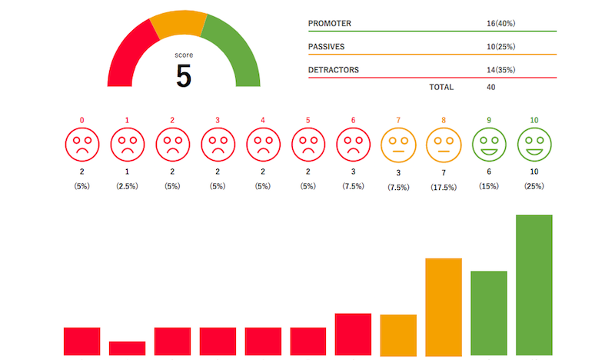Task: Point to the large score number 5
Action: [x=184, y=75]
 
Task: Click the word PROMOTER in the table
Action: [x=330, y=24]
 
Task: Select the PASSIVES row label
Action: [x=327, y=47]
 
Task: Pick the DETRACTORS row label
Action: [x=334, y=71]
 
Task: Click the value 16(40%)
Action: [x=500, y=24]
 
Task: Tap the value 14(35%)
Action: [x=500, y=71]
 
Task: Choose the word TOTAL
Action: [x=441, y=87]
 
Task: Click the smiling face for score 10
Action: [x=534, y=144]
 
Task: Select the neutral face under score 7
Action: [x=398, y=144]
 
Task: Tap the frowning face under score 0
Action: [x=81, y=144]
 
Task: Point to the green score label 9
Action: [x=489, y=120]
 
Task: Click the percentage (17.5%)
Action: [x=444, y=187]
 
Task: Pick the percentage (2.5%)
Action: [x=127, y=187]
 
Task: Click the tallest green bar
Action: [x=534, y=285]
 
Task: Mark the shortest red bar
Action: [x=127, y=348]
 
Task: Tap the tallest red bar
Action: [x=353, y=334]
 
